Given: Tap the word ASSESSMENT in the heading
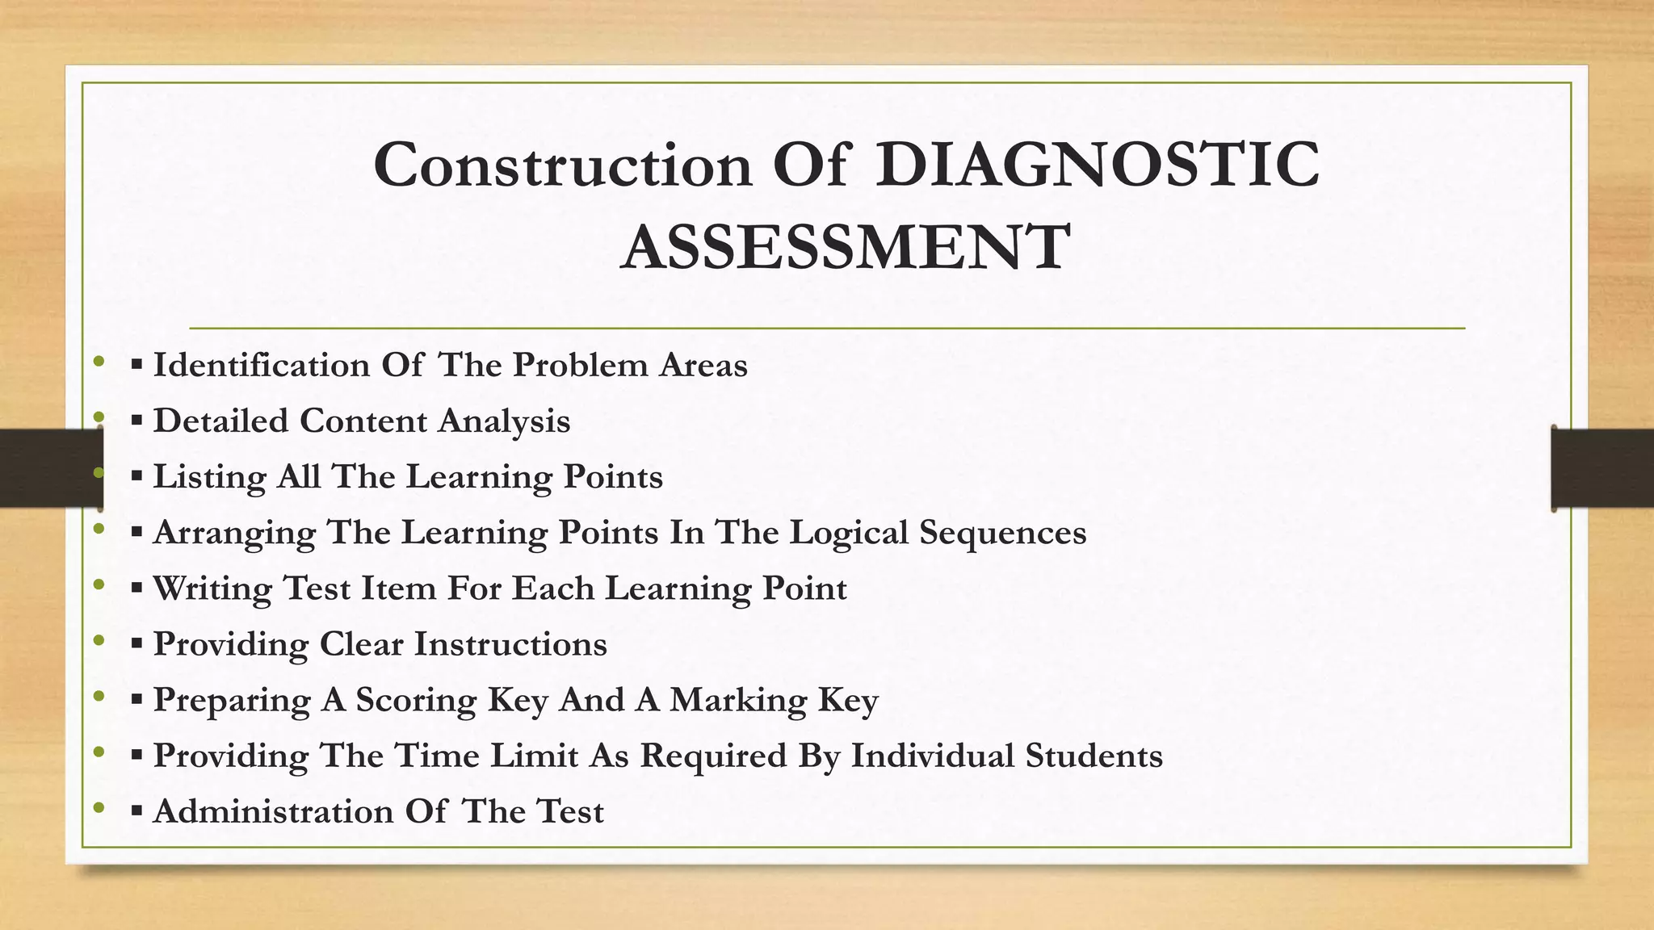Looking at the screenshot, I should (846, 247).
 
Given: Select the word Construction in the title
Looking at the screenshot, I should (563, 165).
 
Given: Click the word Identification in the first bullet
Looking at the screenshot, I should (261, 366).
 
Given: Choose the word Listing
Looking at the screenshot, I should (209, 477).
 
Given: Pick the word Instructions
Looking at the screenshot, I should (510, 644).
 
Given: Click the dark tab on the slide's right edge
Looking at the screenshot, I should (1602, 468).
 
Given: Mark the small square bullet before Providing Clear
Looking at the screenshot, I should (136, 644).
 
